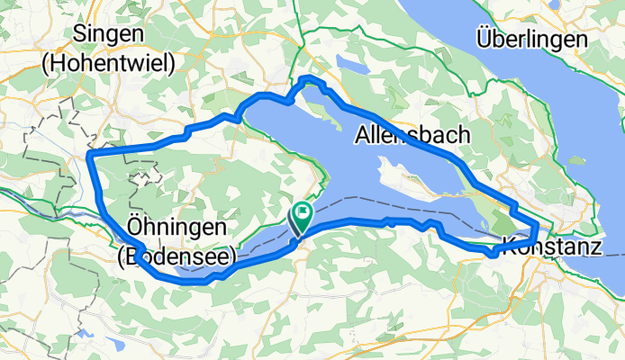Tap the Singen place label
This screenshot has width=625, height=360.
111,34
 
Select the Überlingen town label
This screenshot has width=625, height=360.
531,40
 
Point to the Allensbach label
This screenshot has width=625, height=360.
412,135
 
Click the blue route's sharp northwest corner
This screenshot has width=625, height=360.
90,157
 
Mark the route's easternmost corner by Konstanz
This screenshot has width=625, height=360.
539,222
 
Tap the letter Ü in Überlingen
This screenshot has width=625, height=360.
485,39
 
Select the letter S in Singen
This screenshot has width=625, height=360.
84,34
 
